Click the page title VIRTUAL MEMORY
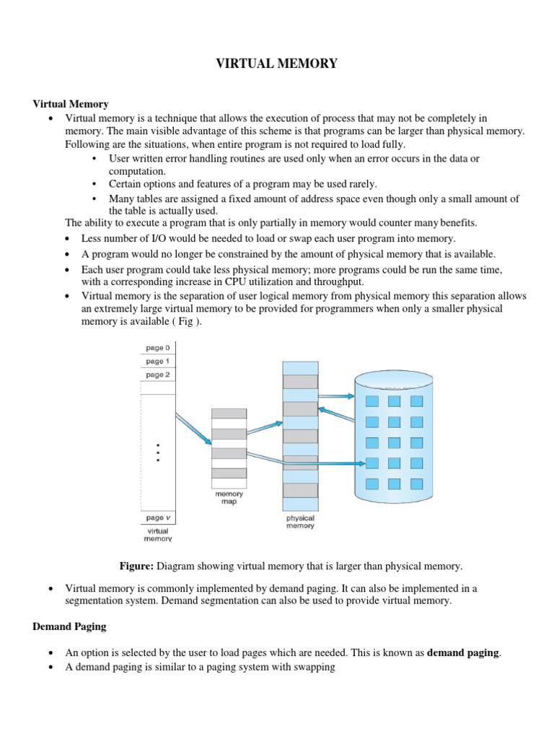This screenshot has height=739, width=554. [x=277, y=64]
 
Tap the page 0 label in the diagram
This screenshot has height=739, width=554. [x=158, y=348]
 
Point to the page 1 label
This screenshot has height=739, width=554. [x=158, y=361]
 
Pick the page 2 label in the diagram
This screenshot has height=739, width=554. [x=158, y=375]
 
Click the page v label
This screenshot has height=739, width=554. [x=158, y=517]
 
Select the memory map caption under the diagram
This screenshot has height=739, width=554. [x=229, y=498]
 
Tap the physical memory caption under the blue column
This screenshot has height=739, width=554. [x=300, y=522]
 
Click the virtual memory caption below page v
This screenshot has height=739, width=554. [x=157, y=535]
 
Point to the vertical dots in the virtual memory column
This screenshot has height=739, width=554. [x=158, y=452]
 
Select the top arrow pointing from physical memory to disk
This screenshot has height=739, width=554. [x=336, y=395]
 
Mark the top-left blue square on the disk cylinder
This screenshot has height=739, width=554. [x=372, y=401]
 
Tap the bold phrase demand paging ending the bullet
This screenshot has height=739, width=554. [x=462, y=652]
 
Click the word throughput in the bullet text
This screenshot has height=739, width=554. [x=338, y=281]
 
